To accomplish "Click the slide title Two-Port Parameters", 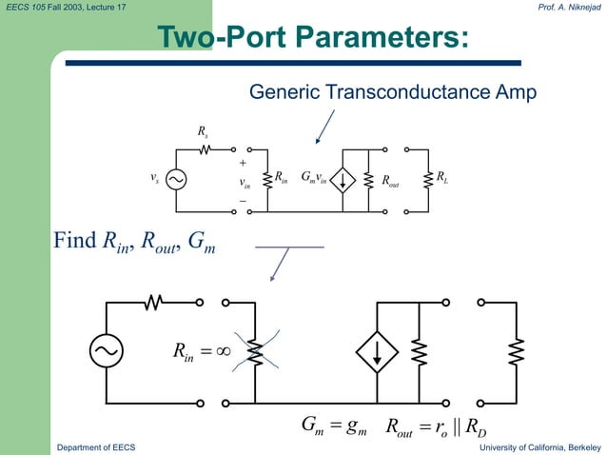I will click(313, 38).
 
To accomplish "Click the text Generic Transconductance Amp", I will click(392, 92).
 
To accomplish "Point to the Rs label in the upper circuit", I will click(203, 131).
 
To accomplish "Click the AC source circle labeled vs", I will click(176, 178).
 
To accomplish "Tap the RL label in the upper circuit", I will click(442, 177).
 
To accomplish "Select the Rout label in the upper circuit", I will click(390, 179).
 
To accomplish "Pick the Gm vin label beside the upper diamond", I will click(313, 177).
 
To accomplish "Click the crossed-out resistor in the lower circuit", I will click(254, 352).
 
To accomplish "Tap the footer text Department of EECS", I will click(96, 446).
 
